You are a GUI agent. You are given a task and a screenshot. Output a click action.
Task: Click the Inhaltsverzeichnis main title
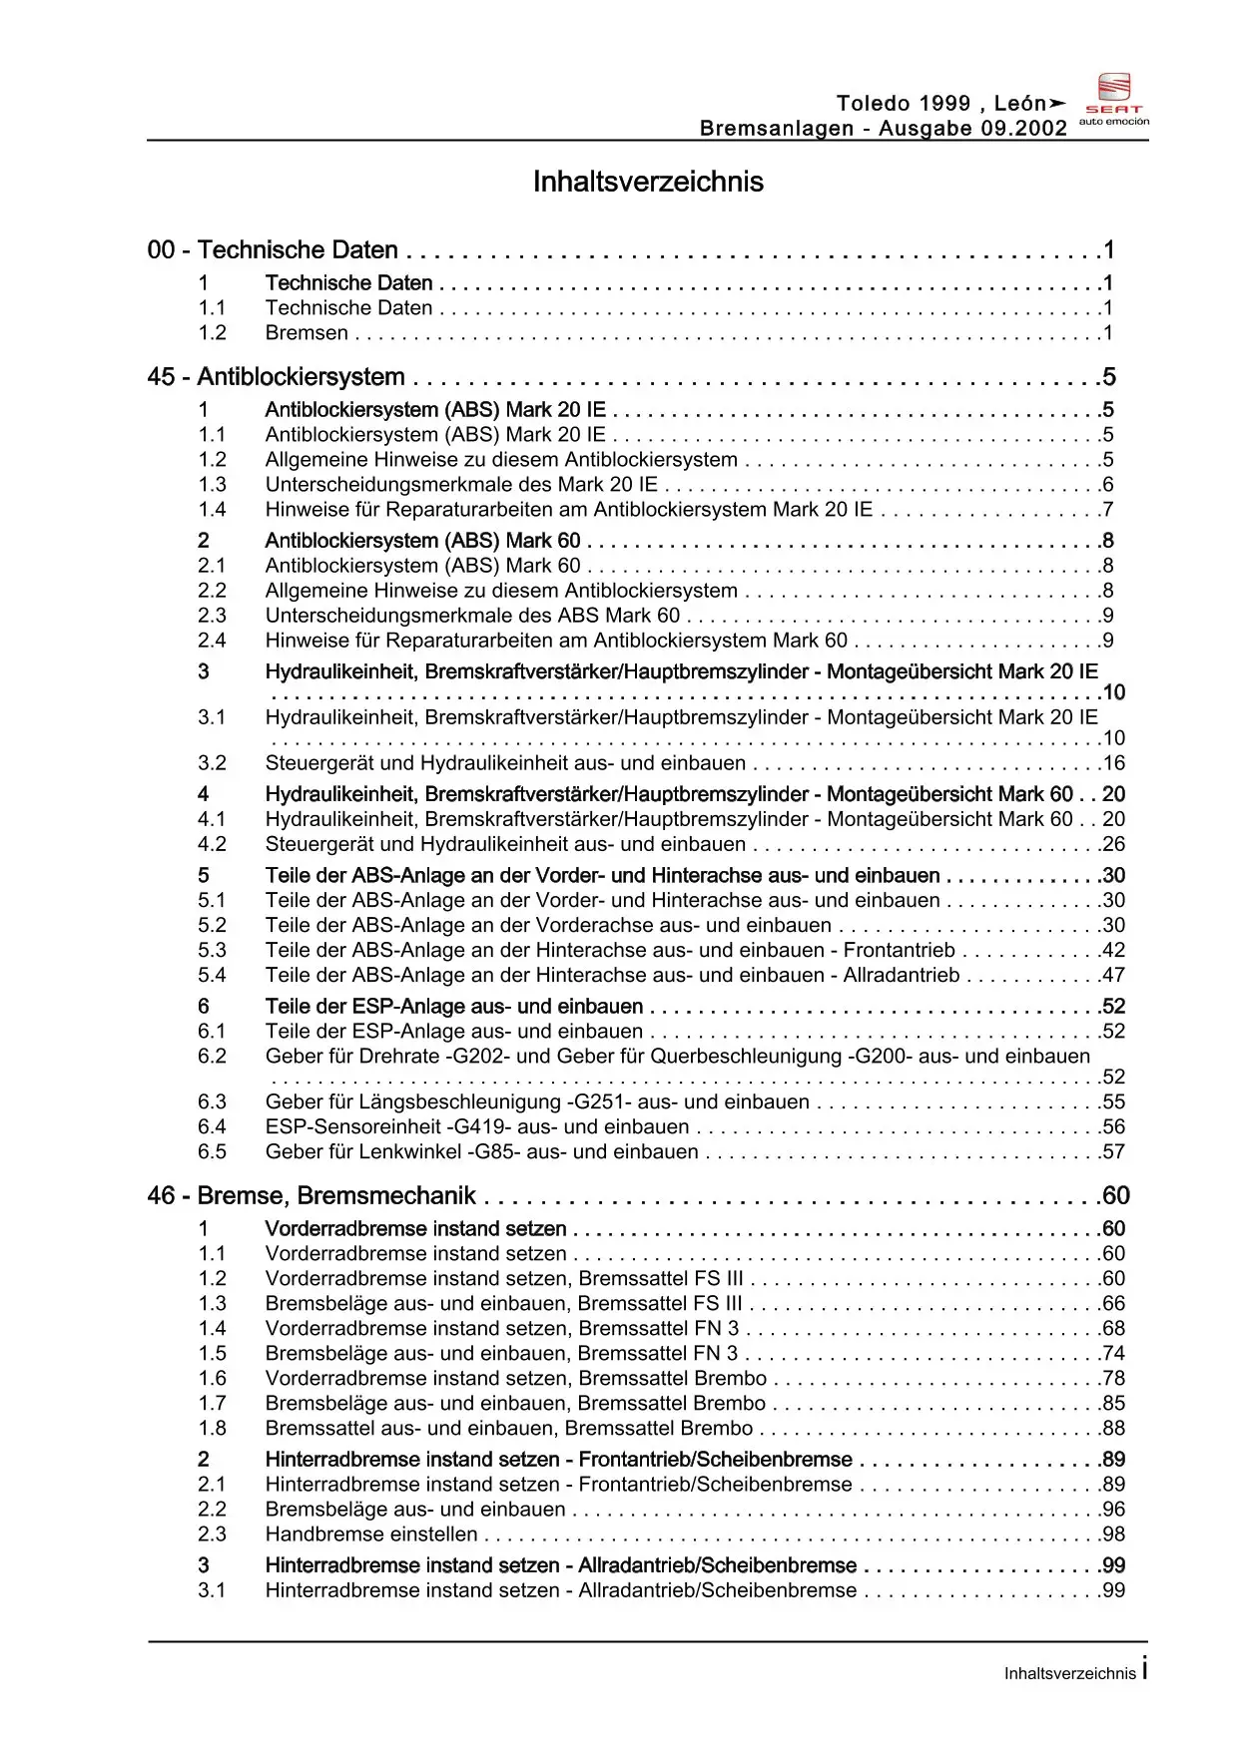(648, 182)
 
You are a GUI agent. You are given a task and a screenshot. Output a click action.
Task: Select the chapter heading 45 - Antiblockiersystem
(276, 377)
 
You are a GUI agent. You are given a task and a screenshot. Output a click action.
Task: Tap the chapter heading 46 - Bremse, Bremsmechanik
(311, 1196)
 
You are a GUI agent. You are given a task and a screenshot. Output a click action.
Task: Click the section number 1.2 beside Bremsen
(212, 333)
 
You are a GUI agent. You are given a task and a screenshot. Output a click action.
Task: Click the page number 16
(1113, 763)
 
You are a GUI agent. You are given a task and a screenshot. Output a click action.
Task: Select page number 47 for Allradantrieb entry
(1113, 976)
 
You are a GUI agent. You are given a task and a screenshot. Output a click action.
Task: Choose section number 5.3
(212, 951)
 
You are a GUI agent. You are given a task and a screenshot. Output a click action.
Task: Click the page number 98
(1113, 1534)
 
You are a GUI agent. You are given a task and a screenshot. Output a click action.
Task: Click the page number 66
(1113, 1304)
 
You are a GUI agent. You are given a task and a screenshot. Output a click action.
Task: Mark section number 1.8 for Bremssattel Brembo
(212, 1429)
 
